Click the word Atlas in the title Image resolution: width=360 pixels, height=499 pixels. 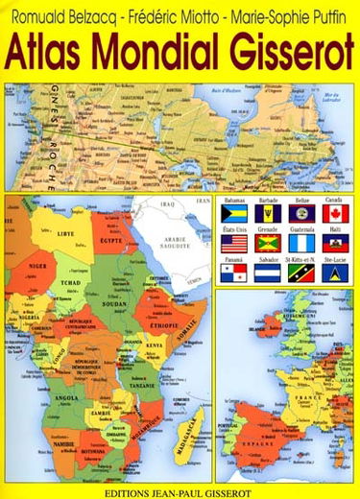coord(49,53)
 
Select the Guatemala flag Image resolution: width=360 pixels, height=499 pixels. coord(301,244)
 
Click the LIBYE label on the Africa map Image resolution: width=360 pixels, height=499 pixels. coord(66,233)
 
